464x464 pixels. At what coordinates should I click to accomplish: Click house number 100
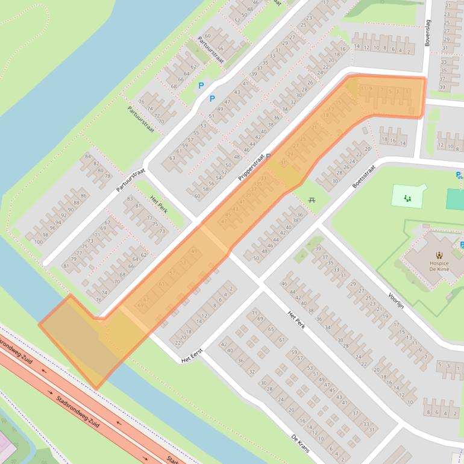tap(38, 242)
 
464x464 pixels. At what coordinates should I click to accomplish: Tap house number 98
tap(45, 235)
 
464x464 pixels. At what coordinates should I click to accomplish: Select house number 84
tap(88, 157)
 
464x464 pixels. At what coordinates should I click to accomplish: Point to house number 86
tap(83, 196)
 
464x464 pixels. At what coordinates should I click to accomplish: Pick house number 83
tap(130, 199)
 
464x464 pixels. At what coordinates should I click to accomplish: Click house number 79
tap(74, 260)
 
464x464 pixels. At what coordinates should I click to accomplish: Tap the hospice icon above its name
tap(438, 255)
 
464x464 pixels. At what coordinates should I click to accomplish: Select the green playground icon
tap(407, 197)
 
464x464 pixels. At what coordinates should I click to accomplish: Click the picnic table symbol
tap(312, 200)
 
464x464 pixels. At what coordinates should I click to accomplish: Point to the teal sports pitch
tap(456, 199)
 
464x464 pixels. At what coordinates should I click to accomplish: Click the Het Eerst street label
tap(192, 356)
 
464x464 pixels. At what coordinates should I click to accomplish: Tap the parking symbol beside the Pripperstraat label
tap(268, 156)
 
